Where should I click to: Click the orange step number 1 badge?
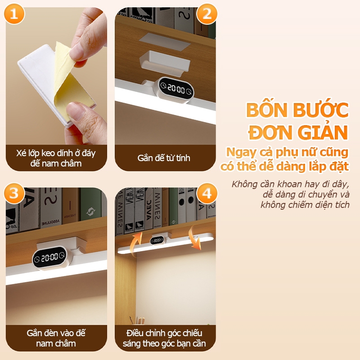(14, 14)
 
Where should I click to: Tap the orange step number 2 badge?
(207, 14)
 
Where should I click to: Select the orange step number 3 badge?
(14, 193)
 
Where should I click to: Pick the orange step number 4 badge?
(207, 193)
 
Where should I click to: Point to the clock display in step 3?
(49, 257)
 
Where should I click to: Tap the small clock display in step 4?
(157, 240)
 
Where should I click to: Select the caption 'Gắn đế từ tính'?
(164, 158)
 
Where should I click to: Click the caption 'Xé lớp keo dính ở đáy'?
(56, 153)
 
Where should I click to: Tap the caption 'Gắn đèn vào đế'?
(56, 333)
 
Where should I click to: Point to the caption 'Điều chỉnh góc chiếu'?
(164, 333)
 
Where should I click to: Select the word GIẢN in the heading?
(323, 132)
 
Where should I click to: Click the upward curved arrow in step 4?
(136, 243)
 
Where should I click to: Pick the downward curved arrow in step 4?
(194, 238)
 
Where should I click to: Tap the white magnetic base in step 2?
(165, 62)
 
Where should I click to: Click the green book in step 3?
(91, 205)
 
